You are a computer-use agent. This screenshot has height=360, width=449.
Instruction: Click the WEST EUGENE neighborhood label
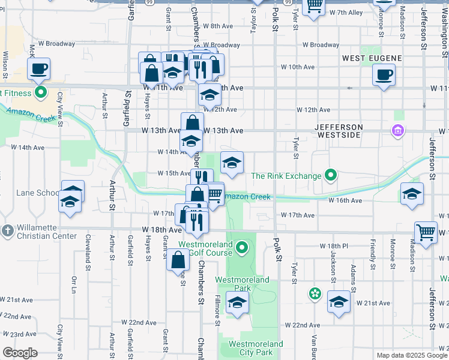tap(372, 58)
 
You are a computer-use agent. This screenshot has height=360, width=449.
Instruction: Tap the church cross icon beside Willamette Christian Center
tap(7, 231)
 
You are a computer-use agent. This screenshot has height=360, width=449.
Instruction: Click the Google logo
tap(20, 352)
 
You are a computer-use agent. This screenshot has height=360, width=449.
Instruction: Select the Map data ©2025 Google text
tap(412, 355)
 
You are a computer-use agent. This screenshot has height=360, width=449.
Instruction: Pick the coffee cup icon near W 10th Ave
tap(384, 75)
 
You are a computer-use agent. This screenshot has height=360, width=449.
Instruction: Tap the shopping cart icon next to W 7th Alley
tap(314, 6)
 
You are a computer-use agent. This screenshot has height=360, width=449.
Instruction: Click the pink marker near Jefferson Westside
tap(397, 130)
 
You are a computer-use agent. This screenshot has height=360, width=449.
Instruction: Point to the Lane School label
tap(38, 193)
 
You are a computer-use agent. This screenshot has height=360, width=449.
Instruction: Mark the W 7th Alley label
tap(345, 13)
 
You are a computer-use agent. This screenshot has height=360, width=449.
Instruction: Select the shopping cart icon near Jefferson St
tap(426, 232)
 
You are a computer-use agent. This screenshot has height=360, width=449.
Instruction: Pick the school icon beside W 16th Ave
tap(412, 193)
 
